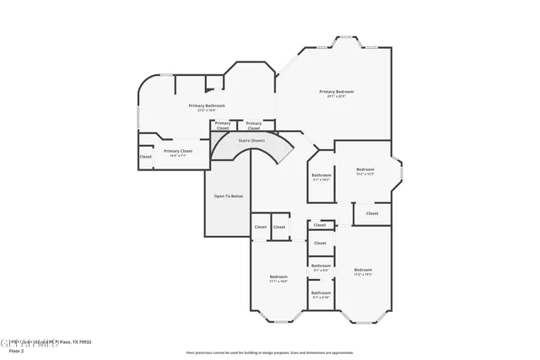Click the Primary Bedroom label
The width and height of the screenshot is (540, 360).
click(x=336, y=91)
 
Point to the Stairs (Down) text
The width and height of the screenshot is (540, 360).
click(x=251, y=140)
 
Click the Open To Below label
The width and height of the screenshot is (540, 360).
click(x=228, y=196)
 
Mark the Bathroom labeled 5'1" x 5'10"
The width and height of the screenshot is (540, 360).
click(x=321, y=294)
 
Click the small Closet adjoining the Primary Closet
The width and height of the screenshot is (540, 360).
click(x=146, y=156)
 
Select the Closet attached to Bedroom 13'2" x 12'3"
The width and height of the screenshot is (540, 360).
click(x=371, y=213)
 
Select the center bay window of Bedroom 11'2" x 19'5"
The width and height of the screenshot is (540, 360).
click(x=364, y=320)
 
